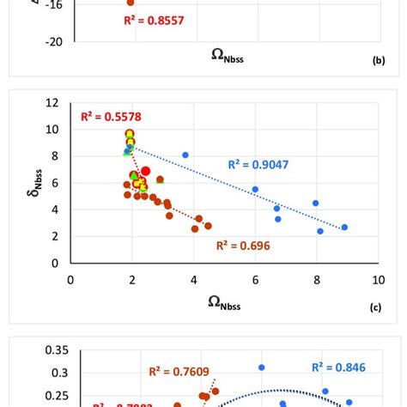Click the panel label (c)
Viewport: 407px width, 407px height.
pos(375,306)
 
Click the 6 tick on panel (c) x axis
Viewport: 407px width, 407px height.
pos(255,279)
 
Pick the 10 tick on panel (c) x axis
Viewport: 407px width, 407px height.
pos(378,279)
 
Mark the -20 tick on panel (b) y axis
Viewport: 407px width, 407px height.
pos(52,40)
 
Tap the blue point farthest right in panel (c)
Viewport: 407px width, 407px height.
pos(344,227)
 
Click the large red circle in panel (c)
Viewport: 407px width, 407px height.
pos(145,171)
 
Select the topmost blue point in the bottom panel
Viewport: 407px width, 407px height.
pos(261,368)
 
